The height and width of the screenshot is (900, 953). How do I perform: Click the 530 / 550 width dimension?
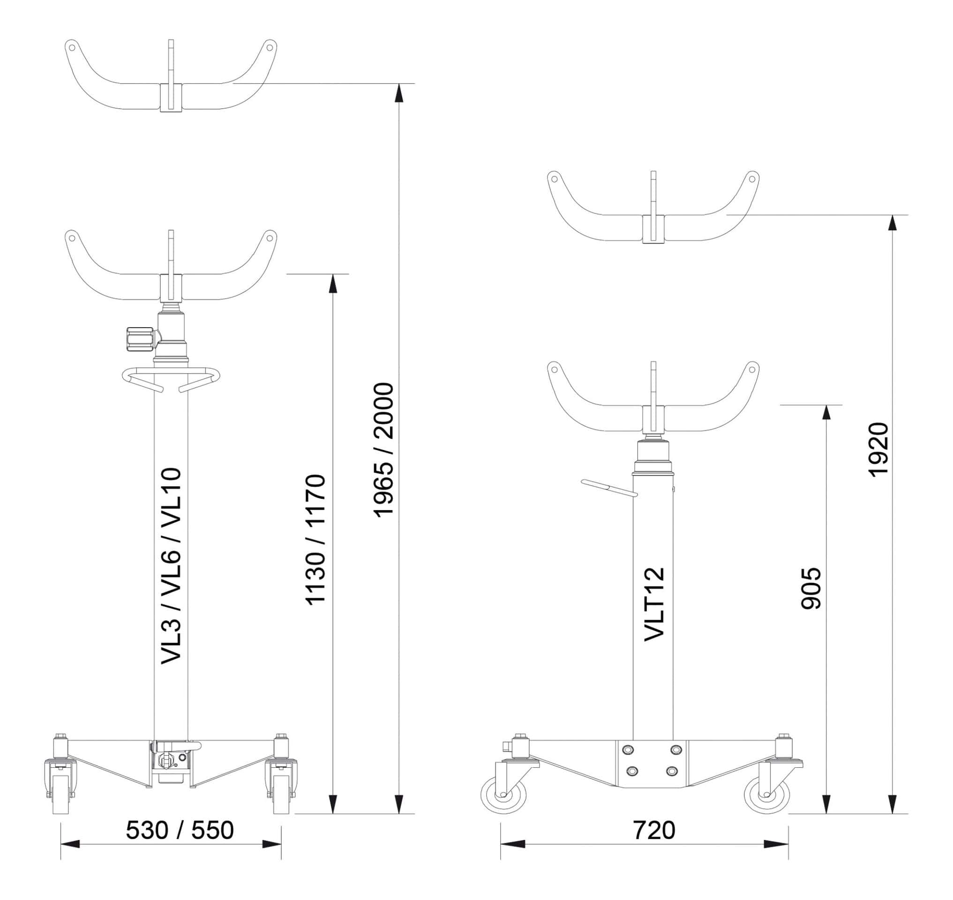180,831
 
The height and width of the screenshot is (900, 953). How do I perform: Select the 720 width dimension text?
654,831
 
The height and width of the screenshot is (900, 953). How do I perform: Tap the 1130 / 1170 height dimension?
316,540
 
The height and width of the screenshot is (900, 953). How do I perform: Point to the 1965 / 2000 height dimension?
383,450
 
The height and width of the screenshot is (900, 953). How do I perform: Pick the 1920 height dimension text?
879,450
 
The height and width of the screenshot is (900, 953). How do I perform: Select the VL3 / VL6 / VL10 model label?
171,566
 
